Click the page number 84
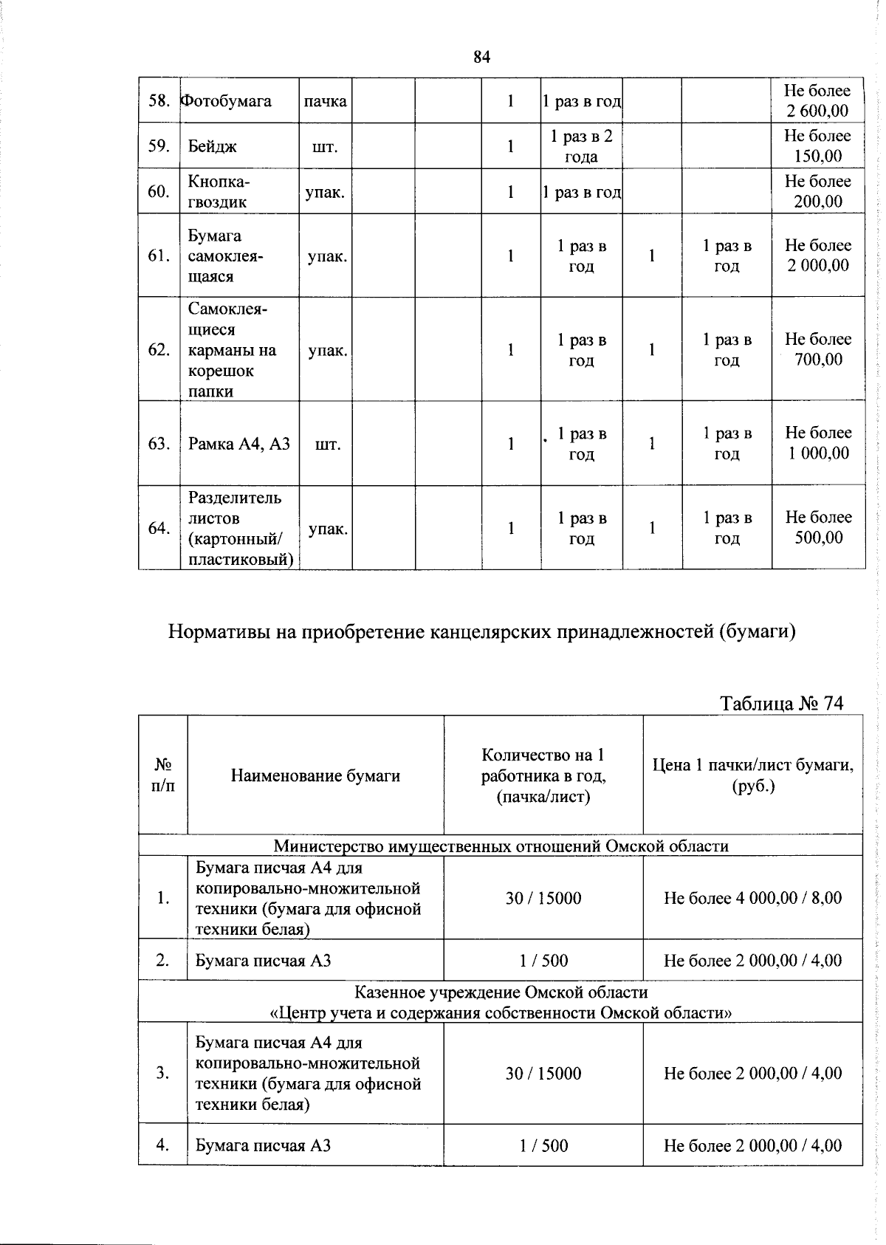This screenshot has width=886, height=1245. [482, 57]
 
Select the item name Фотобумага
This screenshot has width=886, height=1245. [227, 100]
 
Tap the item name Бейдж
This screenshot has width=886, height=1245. [213, 146]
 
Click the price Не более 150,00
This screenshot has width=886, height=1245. [817, 146]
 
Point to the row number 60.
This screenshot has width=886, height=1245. [159, 192]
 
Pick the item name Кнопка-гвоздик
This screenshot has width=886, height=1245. [219, 192]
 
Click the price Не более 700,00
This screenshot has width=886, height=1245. [817, 349]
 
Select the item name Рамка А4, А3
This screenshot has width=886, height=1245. [239, 444]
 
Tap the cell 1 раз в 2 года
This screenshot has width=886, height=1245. [581, 146]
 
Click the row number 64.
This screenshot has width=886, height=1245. [159, 528]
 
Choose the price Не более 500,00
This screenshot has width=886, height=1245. [817, 527]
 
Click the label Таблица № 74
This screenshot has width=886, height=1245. [781, 703]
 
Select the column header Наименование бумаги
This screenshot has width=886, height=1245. [315, 775]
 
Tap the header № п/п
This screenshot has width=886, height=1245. [162, 775]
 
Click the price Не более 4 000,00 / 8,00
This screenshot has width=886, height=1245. [752, 898]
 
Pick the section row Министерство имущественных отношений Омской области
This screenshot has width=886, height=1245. [501, 846]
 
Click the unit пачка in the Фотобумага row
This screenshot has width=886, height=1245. [325, 100]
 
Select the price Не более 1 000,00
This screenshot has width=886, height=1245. [817, 443]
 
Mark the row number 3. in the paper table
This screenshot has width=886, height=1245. [162, 1073]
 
